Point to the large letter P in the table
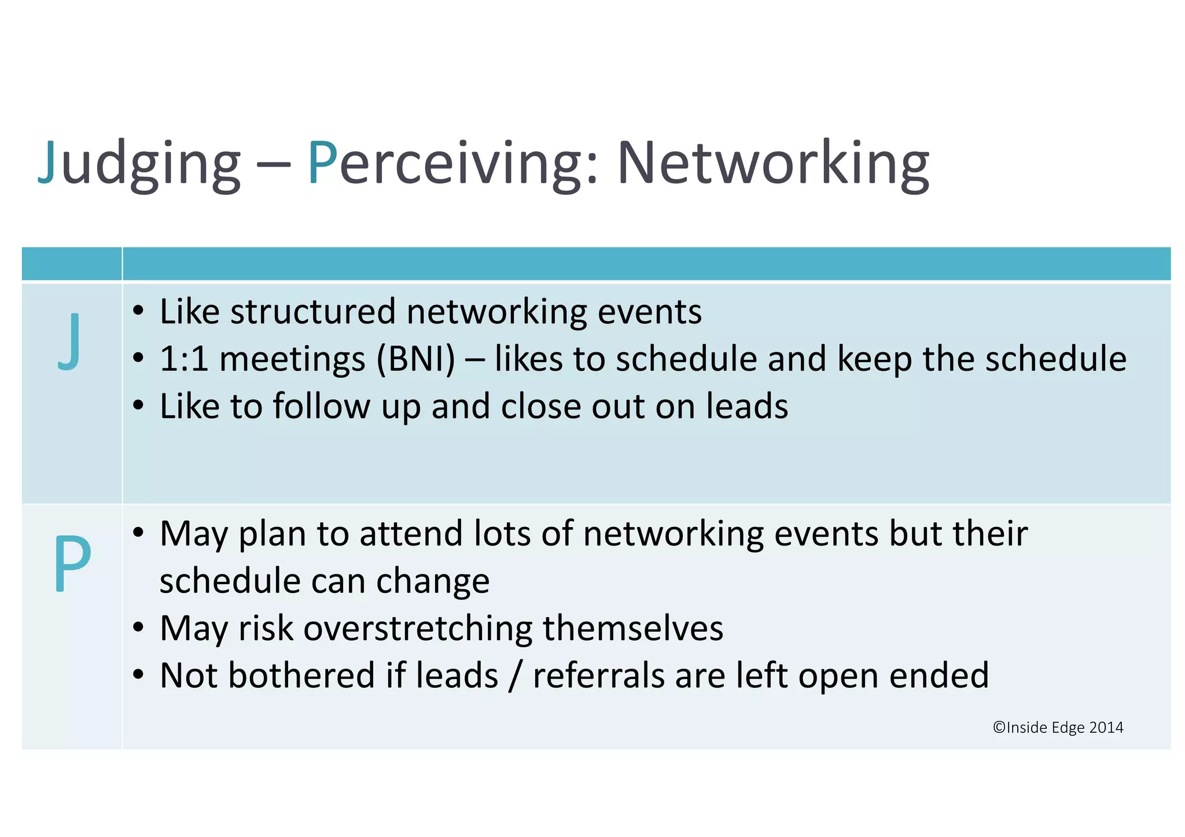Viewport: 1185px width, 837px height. click(x=72, y=562)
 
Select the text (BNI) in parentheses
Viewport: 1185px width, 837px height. click(x=415, y=359)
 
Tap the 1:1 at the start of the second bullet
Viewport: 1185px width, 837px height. click(x=183, y=359)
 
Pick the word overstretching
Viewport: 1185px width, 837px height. click(x=417, y=628)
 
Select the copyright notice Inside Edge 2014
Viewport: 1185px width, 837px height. click(x=1058, y=727)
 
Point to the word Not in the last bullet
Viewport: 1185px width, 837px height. click(x=189, y=676)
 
